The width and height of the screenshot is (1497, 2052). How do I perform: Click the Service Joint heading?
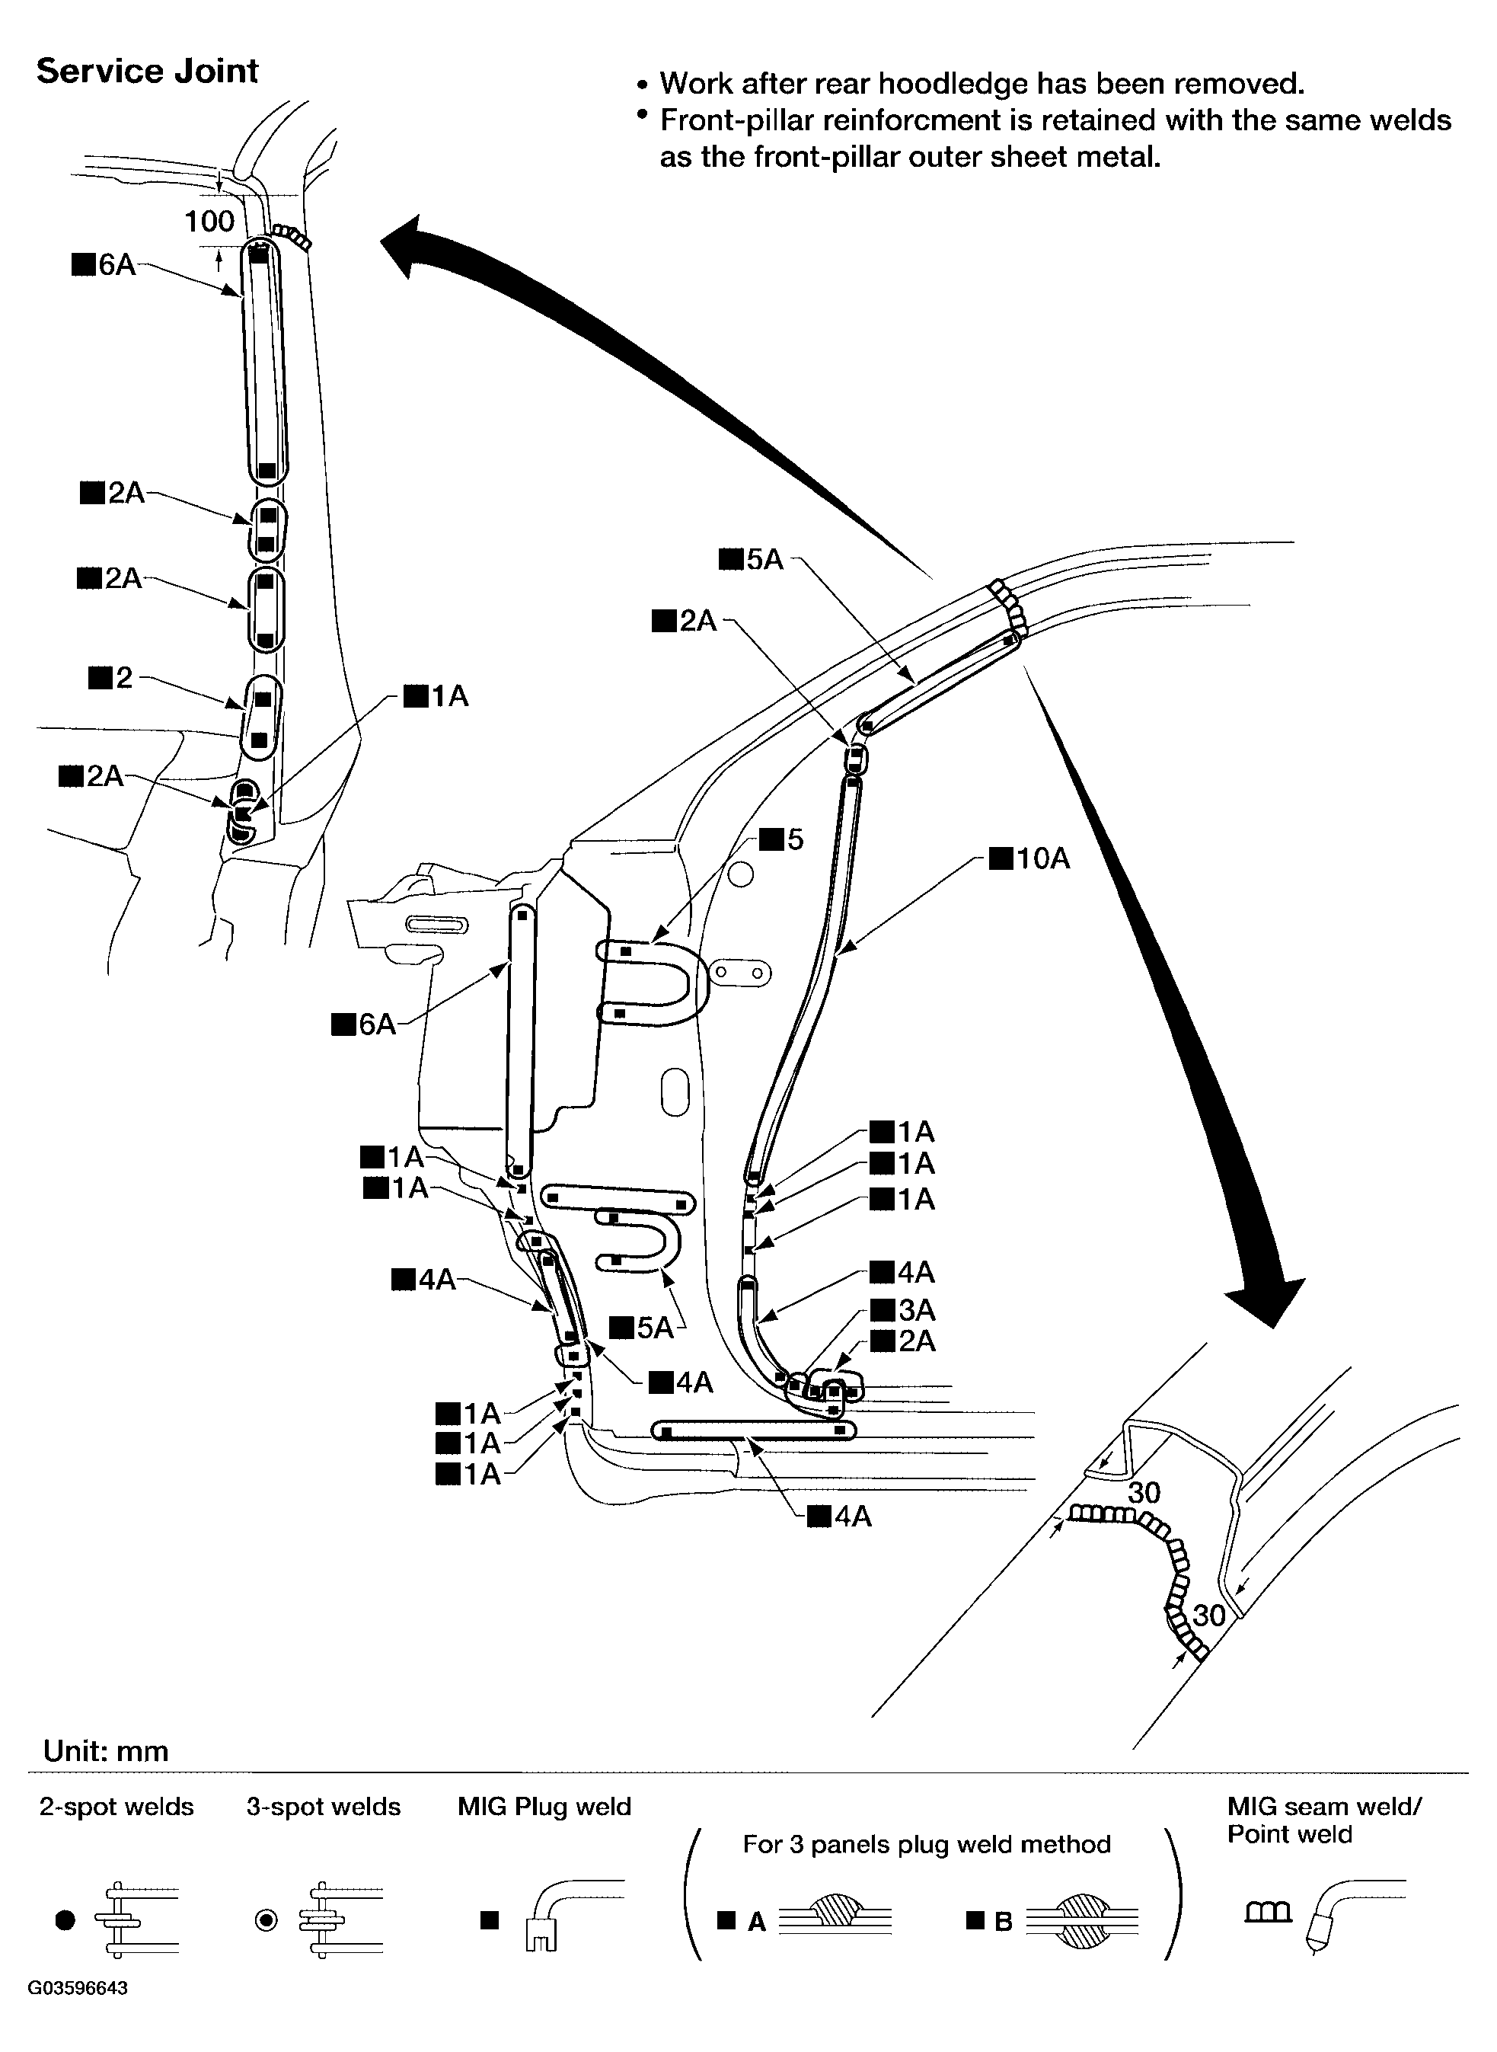coord(147,72)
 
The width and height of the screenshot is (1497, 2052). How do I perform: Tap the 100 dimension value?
coord(209,221)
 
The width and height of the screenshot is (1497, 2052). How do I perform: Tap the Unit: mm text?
coord(106,1750)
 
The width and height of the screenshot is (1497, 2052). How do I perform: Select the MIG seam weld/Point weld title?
coord(1324,1820)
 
